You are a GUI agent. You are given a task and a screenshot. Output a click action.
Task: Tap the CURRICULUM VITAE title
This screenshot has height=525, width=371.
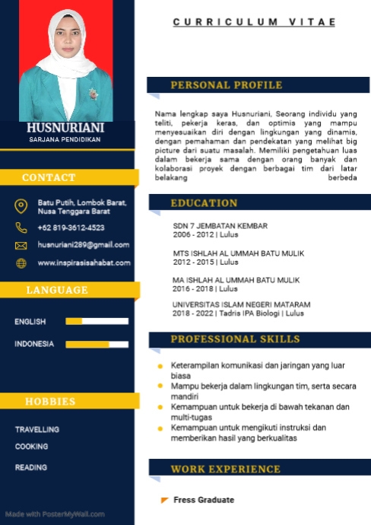[253, 23]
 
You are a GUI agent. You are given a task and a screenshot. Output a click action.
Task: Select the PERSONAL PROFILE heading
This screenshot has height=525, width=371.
[226, 85]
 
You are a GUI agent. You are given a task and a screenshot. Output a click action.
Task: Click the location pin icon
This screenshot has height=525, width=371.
[21, 206]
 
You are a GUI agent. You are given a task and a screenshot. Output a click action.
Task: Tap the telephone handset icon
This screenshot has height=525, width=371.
[21, 228]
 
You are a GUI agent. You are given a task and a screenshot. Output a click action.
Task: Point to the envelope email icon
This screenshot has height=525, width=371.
[21, 246]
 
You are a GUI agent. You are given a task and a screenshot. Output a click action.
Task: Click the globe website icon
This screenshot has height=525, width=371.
[21, 263]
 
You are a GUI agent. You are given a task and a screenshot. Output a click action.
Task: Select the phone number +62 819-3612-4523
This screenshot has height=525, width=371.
[71, 228]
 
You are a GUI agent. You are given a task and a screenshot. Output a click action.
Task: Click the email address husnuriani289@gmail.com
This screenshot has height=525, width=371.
[84, 245]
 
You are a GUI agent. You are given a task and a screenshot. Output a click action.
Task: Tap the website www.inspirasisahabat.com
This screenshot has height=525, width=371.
[84, 262]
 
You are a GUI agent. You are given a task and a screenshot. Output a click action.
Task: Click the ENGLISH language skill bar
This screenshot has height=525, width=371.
[97, 322]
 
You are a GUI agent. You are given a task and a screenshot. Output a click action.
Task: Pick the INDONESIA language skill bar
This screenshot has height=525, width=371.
[97, 345]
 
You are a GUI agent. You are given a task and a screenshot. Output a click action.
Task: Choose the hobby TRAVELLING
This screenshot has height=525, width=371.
[37, 430]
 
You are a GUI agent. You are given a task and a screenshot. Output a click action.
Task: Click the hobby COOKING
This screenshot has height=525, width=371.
[31, 447]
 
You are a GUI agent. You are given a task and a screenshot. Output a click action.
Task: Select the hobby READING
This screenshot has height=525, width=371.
[30, 467]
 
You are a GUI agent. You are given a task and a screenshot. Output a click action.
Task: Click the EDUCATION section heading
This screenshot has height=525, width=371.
[204, 203]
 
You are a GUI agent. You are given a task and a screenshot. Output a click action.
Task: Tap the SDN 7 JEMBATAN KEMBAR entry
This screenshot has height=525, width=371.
[220, 227]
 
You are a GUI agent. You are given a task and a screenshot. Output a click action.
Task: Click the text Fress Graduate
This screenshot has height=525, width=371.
[203, 500]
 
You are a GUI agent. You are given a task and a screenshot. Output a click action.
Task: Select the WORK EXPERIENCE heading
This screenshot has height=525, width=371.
[225, 469]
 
